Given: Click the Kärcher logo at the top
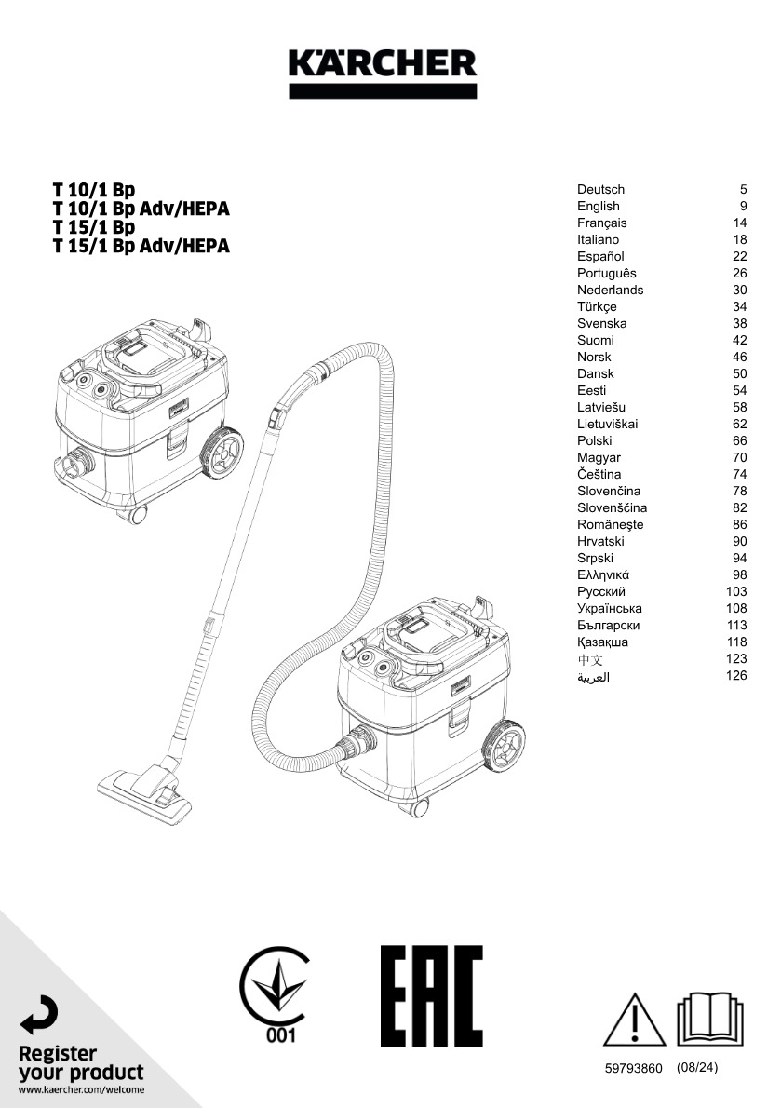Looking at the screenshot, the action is pyautogui.click(x=383, y=73).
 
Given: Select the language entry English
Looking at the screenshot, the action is pyautogui.click(x=599, y=207).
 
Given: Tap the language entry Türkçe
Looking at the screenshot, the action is pyautogui.click(x=597, y=306).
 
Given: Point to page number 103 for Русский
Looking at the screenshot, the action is pyautogui.click(x=735, y=591).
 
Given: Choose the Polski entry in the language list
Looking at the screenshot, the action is pyautogui.click(x=594, y=441).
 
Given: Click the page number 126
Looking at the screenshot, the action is pyautogui.click(x=735, y=676).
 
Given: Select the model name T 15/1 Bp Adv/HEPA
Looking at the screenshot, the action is pyautogui.click(x=141, y=246).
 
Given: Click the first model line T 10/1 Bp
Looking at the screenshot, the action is pyautogui.click(x=93, y=190).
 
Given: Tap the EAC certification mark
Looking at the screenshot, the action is pyautogui.click(x=431, y=995).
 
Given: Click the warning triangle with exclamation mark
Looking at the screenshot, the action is pyautogui.click(x=634, y=1020).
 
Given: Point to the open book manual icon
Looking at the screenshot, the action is pyautogui.click(x=710, y=1019).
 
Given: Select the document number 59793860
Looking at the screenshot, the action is pyautogui.click(x=633, y=1069).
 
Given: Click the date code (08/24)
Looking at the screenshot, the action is pyautogui.click(x=697, y=1068).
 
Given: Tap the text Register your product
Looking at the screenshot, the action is pyautogui.click(x=80, y=1063).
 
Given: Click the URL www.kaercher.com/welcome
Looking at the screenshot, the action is pyautogui.click(x=80, y=1090).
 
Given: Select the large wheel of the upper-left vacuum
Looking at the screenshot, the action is pyautogui.click(x=222, y=452).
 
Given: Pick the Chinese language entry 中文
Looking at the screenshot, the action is pyautogui.click(x=589, y=659).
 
